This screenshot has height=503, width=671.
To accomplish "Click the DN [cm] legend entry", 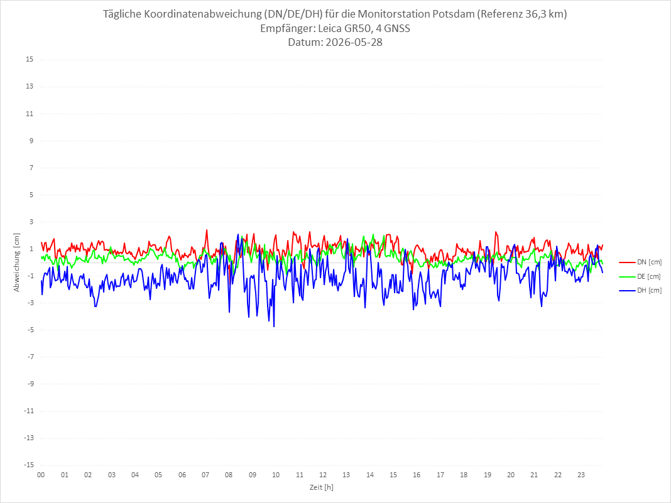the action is (x=640, y=262).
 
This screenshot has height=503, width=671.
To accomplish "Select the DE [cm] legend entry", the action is (x=640, y=276).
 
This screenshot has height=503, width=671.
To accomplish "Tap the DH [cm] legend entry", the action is (x=640, y=290).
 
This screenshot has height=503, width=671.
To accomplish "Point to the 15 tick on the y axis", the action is (x=30, y=60).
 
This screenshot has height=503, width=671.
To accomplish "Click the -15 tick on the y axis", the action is (x=29, y=465).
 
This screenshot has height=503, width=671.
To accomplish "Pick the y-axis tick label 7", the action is (x=31, y=168).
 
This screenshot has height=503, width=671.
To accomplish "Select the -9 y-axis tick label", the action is (x=30, y=384).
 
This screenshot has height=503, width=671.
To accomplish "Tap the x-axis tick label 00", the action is (x=41, y=475).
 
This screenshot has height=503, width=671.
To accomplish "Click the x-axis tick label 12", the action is (x=323, y=475).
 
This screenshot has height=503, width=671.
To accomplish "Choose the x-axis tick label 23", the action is (x=581, y=475).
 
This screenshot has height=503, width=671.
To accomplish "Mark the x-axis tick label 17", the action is (x=440, y=475).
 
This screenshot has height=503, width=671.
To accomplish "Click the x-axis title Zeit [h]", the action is (x=322, y=487).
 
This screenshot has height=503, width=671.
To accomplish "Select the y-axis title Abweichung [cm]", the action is (x=17, y=262).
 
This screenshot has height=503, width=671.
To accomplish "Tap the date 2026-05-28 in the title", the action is (x=354, y=42).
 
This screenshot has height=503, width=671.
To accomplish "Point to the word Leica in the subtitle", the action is (x=330, y=28).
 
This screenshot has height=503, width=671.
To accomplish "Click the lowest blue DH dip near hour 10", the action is (x=274, y=327).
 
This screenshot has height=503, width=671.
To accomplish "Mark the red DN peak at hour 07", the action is (x=207, y=230).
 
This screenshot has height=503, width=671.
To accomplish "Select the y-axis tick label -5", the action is (x=30, y=330).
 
